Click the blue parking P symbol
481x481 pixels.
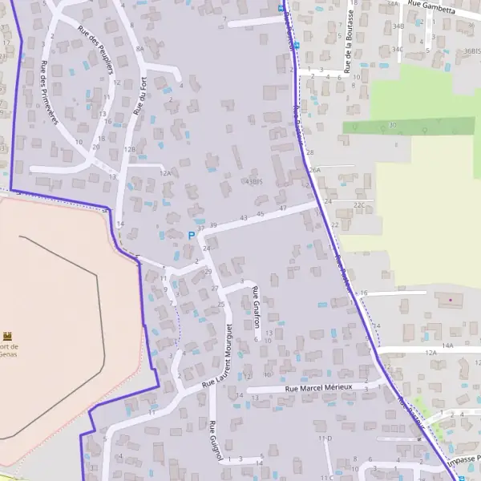[x=191, y=236]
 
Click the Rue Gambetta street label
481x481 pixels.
[x=431, y=6]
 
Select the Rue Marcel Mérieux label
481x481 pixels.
[x=318, y=388]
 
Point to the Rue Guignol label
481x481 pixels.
[x=214, y=441]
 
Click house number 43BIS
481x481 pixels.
[x=254, y=182]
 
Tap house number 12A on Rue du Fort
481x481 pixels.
[x=166, y=172]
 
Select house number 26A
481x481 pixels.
[x=315, y=171]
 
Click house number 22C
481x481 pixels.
[x=359, y=205]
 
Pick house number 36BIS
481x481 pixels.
[x=472, y=51]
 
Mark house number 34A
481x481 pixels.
[x=392, y=4]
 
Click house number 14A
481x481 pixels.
[x=447, y=345]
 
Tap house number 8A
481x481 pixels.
[x=139, y=49]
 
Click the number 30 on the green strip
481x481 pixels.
[x=393, y=125]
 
